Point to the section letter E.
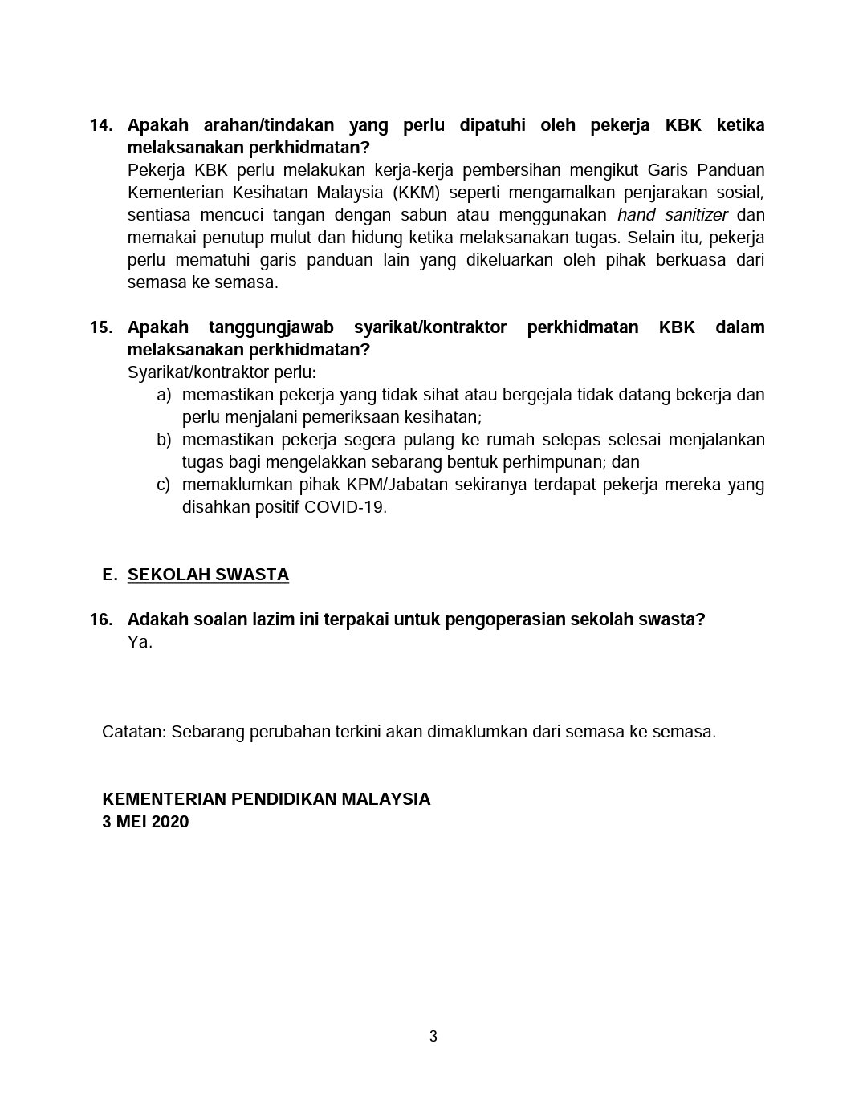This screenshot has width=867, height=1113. point(110,575)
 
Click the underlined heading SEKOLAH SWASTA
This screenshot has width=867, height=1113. point(208,575)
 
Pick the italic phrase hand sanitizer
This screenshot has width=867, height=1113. point(672,216)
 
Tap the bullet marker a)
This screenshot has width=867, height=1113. point(164,396)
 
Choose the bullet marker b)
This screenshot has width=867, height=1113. point(164,441)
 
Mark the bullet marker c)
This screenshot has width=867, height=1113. point(164,485)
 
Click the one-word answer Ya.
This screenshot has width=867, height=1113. point(140,643)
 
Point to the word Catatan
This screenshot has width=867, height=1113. point(134,733)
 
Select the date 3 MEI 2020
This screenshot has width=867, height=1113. point(145,823)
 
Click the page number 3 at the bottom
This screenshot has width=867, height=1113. point(433,1037)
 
